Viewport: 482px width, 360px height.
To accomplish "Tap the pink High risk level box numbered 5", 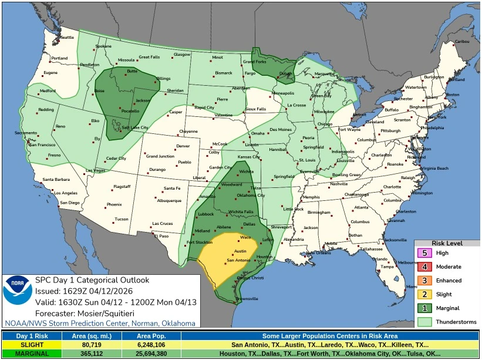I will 425,253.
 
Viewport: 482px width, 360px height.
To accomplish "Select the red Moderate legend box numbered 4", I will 425,267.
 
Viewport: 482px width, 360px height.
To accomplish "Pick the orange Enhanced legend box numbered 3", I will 425,281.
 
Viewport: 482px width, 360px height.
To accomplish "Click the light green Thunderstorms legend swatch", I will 425,322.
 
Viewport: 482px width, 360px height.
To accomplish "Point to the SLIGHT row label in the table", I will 24,345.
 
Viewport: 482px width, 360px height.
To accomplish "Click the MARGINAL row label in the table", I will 24,354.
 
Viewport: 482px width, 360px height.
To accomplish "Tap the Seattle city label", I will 68,38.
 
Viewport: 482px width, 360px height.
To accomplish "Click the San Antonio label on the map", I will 238,260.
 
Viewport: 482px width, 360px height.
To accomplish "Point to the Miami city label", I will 412,287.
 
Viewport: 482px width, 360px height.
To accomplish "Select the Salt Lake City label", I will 135,127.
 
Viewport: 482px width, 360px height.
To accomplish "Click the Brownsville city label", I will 247,298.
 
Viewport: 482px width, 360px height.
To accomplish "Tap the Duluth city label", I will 285,74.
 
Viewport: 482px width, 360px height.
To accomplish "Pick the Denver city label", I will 183,146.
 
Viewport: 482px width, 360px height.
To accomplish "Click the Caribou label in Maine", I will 462,41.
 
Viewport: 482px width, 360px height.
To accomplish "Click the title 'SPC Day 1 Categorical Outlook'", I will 92,280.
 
